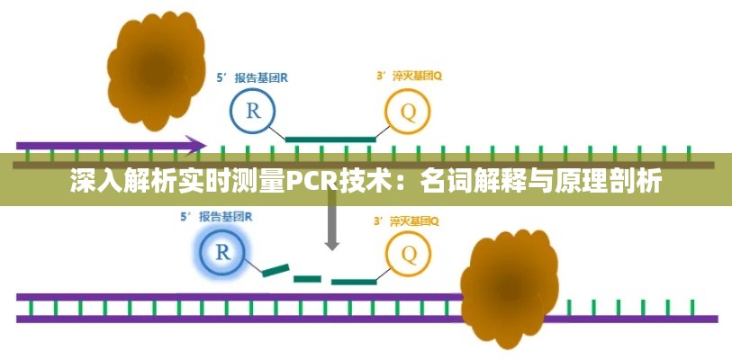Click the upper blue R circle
tap(253, 112)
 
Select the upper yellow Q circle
tap(409, 113)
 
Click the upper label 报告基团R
tap(262, 77)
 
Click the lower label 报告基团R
tap(226, 216)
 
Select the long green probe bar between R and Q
tap(330, 139)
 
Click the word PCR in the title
tap(312, 183)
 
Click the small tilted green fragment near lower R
tap(276, 270)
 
